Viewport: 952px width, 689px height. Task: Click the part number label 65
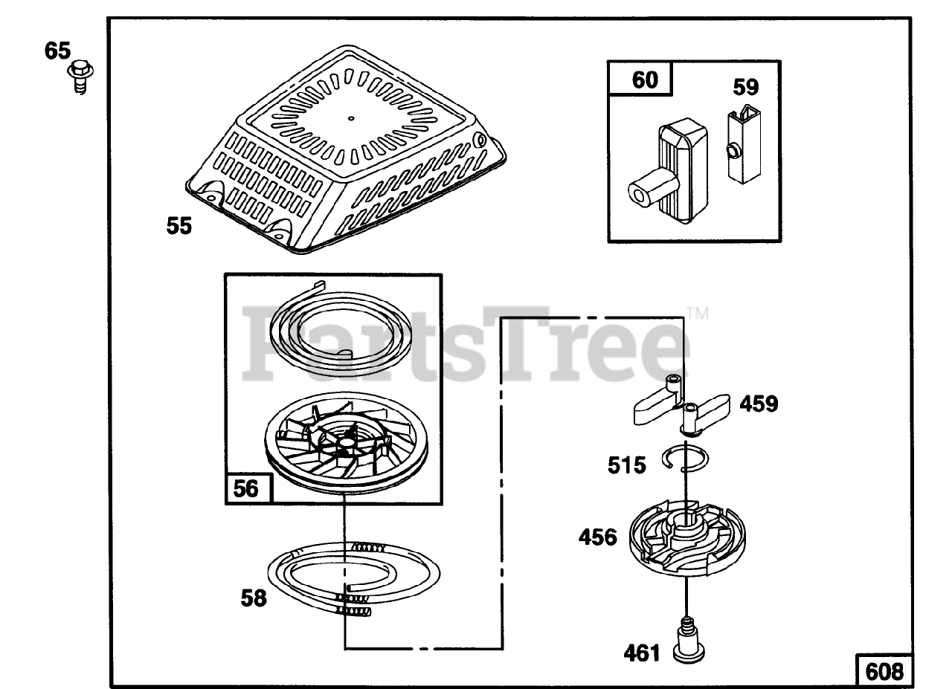coord(57,51)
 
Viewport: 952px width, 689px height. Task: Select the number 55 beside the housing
coord(178,225)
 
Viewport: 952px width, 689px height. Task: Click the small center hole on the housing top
coord(350,117)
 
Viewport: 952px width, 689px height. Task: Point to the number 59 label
coord(746,87)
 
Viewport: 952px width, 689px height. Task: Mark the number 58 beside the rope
coord(254,597)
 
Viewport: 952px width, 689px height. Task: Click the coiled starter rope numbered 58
coord(350,579)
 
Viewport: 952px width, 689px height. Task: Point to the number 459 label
coord(759,404)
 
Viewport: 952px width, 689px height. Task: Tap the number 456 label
coord(598,537)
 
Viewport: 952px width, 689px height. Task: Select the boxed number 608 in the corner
coord(884,671)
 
